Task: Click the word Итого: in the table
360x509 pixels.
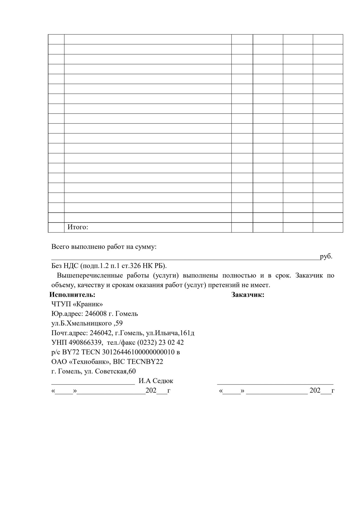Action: [x=78, y=227]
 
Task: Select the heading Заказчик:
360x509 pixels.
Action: [x=248, y=295]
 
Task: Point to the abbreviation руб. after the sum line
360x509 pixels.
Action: [x=326, y=256]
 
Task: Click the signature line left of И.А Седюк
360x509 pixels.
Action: [x=93, y=383]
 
